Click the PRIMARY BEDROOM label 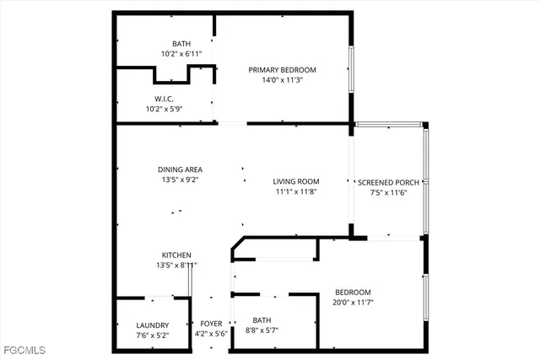(x=282, y=70)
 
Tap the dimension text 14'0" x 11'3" (x=282, y=81)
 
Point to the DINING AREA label (x=180, y=169)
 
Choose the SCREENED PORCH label (x=388, y=182)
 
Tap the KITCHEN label (x=177, y=255)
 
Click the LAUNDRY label (x=153, y=325)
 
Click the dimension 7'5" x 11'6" (x=388, y=193)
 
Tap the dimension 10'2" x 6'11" (x=181, y=54)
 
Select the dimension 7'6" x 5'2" (x=153, y=336)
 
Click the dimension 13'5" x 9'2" (x=180, y=180)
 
